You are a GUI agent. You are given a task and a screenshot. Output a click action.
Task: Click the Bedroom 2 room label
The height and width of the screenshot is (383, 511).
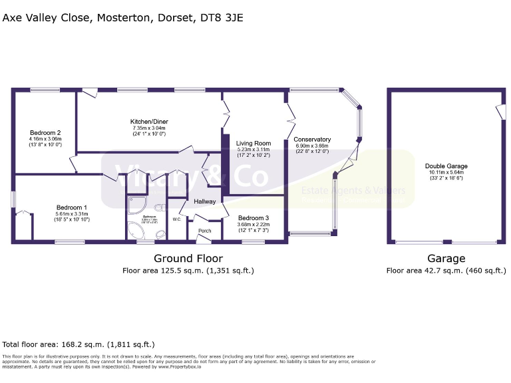pyautogui.click(x=45, y=132)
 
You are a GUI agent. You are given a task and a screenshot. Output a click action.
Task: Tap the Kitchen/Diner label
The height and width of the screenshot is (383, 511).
pyautogui.click(x=148, y=121)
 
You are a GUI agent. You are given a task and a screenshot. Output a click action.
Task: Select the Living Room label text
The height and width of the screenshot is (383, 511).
pyautogui.click(x=254, y=143)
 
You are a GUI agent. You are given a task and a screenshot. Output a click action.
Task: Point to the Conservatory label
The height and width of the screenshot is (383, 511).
pyautogui.click(x=312, y=139)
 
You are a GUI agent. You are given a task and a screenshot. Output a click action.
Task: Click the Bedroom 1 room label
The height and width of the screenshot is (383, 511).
pyautogui.click(x=71, y=207)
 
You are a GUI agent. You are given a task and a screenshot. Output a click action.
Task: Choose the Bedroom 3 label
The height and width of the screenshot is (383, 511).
pyautogui.click(x=254, y=218)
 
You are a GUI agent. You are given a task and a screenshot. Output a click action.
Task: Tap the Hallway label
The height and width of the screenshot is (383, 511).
pyautogui.click(x=205, y=201)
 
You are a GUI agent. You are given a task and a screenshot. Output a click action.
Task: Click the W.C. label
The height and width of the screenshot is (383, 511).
pyautogui.click(x=177, y=219)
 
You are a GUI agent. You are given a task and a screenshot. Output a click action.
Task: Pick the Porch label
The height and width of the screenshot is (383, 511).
pyautogui.click(x=204, y=231)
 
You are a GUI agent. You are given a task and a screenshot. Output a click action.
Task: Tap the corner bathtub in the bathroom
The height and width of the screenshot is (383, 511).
pyautogui.click(x=138, y=230)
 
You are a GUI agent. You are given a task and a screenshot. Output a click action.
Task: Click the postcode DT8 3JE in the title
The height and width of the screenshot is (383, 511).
pyautogui.click(x=221, y=18)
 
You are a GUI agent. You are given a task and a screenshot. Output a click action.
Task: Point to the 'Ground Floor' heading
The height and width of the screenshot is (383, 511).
pyautogui.click(x=188, y=259)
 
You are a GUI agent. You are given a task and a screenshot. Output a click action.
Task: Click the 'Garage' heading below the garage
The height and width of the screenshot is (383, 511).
pyautogui.click(x=446, y=259)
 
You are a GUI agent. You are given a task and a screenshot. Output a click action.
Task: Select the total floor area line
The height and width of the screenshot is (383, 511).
pyautogui.click(x=79, y=344)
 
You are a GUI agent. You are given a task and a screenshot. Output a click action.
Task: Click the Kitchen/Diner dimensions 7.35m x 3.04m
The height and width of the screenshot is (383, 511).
pyautogui.click(x=148, y=128)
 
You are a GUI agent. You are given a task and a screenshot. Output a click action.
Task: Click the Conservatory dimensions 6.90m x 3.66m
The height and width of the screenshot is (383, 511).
pyautogui.click(x=312, y=146)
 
